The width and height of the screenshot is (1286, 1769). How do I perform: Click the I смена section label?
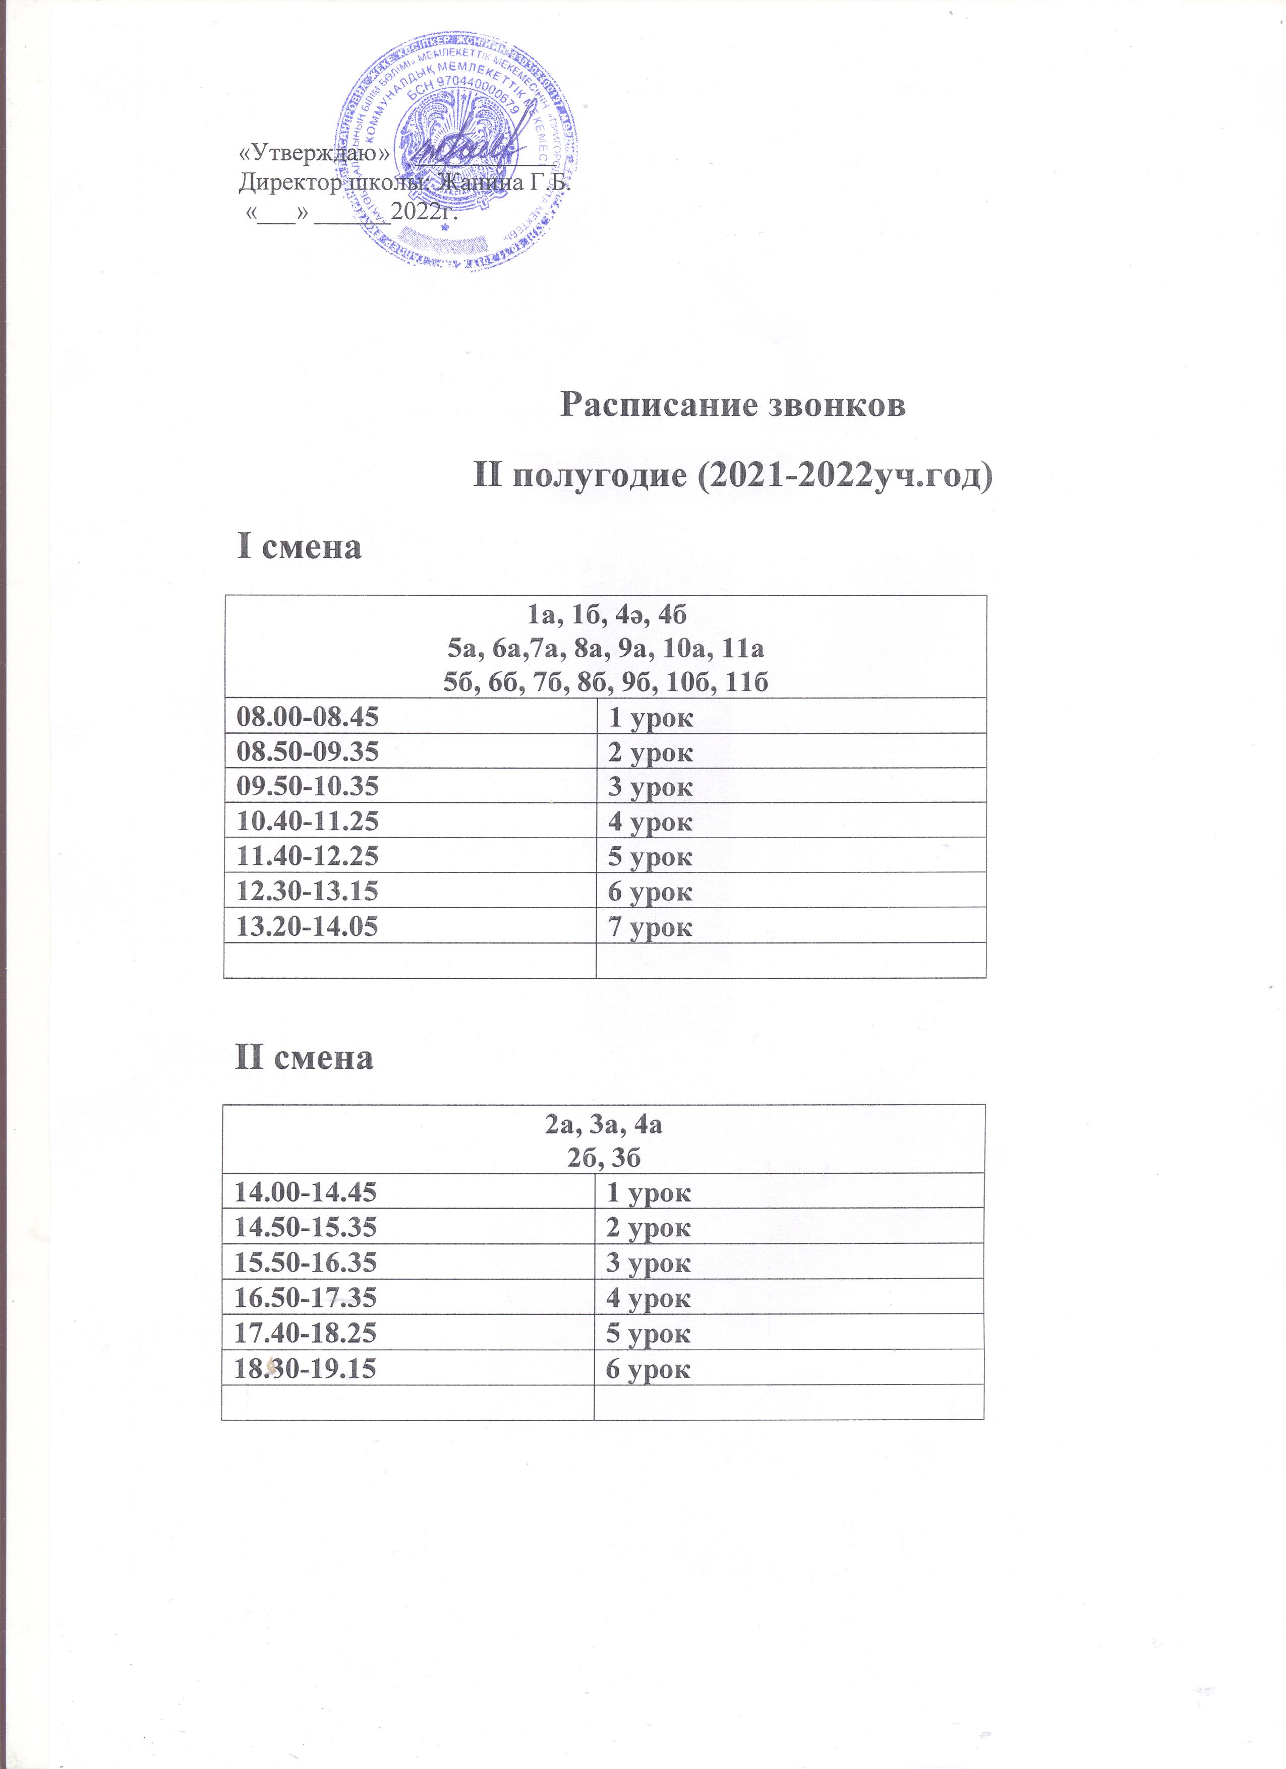point(300,547)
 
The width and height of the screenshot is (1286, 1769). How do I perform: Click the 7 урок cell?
point(650,926)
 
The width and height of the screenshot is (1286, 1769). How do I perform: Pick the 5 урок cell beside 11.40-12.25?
point(650,856)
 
